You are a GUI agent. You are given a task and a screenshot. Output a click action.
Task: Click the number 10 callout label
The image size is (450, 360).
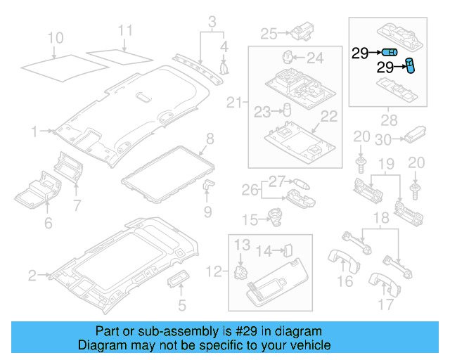(54, 37)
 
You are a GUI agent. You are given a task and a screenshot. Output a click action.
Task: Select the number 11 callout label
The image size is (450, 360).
(124, 30)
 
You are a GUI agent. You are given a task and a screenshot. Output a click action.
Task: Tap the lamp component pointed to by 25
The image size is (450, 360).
(305, 32)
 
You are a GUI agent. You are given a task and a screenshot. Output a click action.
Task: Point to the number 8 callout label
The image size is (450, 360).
(210, 139)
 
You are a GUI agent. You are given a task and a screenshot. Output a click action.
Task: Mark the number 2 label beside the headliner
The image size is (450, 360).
(32, 276)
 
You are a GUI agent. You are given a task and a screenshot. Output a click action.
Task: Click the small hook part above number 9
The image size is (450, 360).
(208, 184)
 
